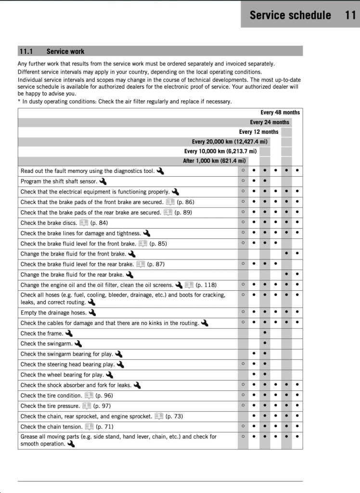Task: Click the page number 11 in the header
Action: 350,15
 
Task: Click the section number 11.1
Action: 26,52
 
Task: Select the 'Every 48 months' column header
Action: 280,113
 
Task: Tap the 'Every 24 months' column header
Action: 270,122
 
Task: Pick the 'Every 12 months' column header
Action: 258,132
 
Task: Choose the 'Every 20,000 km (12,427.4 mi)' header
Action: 229,142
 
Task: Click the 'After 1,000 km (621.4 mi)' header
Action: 214,161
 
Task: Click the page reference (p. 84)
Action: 99,223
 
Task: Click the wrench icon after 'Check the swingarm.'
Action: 78,344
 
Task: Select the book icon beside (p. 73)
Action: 159,416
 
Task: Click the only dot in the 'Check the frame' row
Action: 265,333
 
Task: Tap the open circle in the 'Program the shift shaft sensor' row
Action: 243,181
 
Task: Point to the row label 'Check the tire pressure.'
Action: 50,406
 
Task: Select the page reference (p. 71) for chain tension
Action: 105,427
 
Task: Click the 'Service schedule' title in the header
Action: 290,15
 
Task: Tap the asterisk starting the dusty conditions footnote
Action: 19,102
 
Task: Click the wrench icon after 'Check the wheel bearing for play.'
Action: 110,375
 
